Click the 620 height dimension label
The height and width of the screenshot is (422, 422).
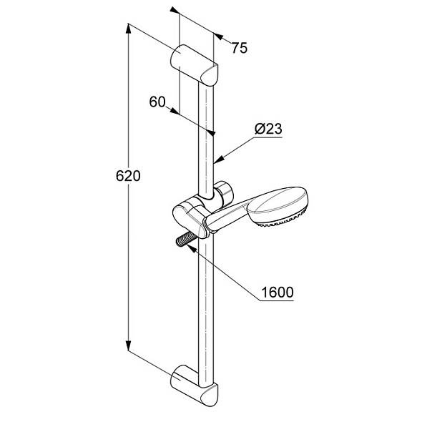click(x=128, y=176)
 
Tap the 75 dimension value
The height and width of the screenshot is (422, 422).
click(x=240, y=48)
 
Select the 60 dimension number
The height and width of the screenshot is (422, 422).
click(x=157, y=102)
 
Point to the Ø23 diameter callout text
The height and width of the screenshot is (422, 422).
click(x=268, y=129)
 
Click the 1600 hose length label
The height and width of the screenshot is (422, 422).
click(x=278, y=292)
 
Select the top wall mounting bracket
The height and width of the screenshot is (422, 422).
click(x=194, y=65)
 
